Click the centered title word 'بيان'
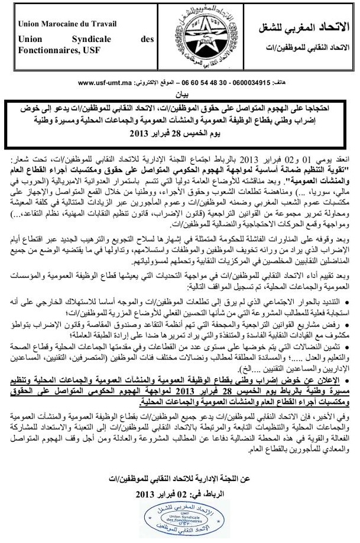[x=180, y=94]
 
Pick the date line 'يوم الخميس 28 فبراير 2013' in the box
[x=180, y=134]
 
